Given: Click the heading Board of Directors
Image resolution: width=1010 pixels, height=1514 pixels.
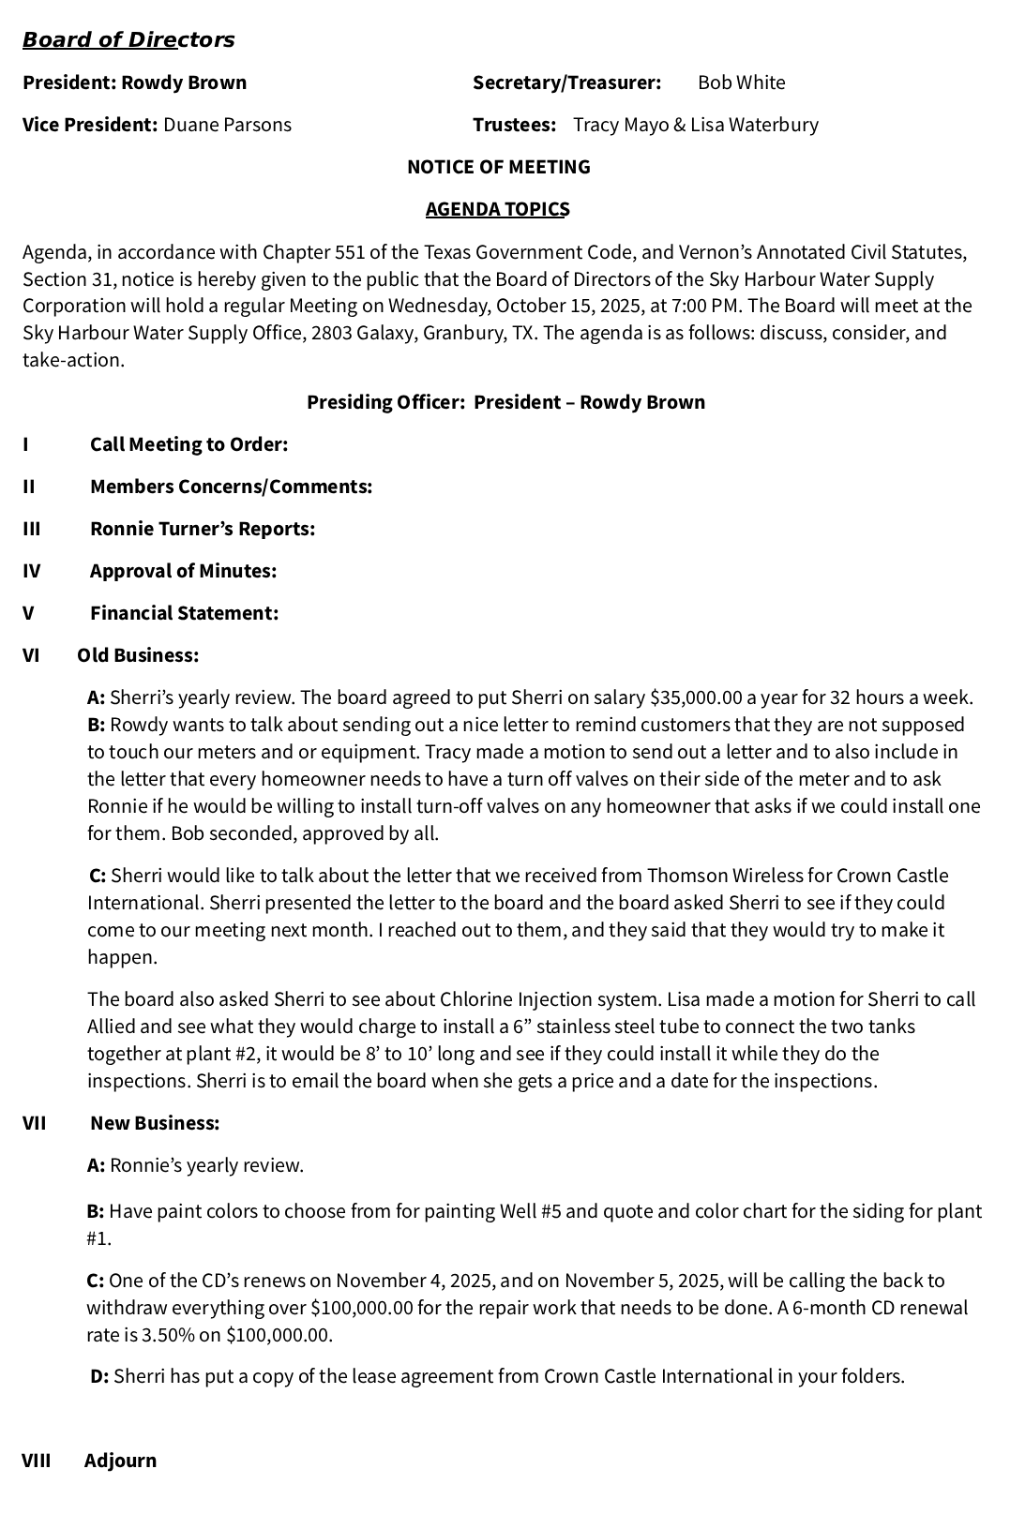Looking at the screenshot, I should pyautogui.click(x=128, y=40).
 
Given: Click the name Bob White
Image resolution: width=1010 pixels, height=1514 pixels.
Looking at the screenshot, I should pyautogui.click(x=741, y=82).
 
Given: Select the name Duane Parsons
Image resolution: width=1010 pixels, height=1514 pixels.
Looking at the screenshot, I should pyautogui.click(x=227, y=125).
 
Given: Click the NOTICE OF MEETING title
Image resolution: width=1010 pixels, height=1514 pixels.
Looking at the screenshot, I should pyautogui.click(x=498, y=167).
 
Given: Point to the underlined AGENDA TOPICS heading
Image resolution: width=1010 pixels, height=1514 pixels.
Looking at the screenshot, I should pyautogui.click(x=497, y=209).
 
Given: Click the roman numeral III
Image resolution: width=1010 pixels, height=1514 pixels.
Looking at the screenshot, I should pyautogui.click(x=32, y=529).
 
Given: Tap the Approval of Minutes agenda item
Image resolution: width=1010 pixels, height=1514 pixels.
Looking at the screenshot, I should pyautogui.click(x=183, y=571).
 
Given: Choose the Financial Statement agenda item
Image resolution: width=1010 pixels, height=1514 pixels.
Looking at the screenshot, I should pyautogui.click(x=184, y=613).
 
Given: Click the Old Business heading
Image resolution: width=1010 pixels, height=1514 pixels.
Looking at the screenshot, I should pyautogui.click(x=138, y=655).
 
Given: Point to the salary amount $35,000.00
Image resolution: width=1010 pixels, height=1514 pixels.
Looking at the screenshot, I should pyautogui.click(x=696, y=697).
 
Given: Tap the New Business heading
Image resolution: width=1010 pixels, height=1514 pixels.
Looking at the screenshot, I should pyautogui.click(x=155, y=1123).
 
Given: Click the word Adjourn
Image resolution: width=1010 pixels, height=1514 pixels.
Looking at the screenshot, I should pyautogui.click(x=120, y=1461).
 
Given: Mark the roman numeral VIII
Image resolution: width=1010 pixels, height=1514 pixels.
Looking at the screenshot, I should pyautogui.click(x=37, y=1461).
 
